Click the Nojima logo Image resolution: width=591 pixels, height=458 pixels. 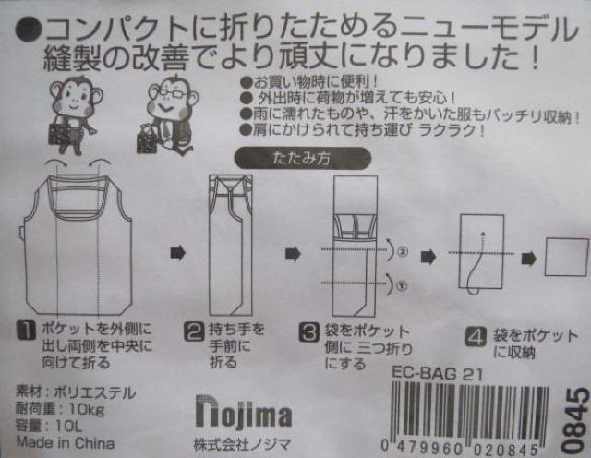pyautogui.click(x=244, y=412)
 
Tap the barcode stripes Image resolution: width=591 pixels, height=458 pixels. pyautogui.click(x=470, y=412)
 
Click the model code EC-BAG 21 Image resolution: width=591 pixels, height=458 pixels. pyautogui.click(x=437, y=374)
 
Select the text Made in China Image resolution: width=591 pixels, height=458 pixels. pyautogui.click(x=66, y=442)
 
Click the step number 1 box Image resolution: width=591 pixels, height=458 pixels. pyautogui.click(x=27, y=331)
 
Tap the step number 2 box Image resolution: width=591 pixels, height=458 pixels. pyautogui.click(x=194, y=331)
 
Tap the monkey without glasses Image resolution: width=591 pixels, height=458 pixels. pyautogui.click(x=75, y=115)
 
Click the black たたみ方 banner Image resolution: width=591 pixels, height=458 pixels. pyautogui.click(x=303, y=159)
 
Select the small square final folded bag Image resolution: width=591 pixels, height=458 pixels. pyautogui.click(x=566, y=257)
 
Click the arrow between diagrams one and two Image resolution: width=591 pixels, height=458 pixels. pyautogui.click(x=178, y=253)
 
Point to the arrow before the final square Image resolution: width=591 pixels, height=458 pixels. pyautogui.click(x=529, y=259)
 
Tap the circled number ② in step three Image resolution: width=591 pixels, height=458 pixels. pyautogui.click(x=403, y=251)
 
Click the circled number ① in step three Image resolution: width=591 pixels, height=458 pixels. pyautogui.click(x=402, y=286)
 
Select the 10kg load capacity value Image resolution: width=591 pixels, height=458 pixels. pyautogui.click(x=86, y=409)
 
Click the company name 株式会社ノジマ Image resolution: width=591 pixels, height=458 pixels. pyautogui.click(x=242, y=443)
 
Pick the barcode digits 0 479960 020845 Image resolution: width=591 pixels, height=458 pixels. pyautogui.click(x=459, y=449)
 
